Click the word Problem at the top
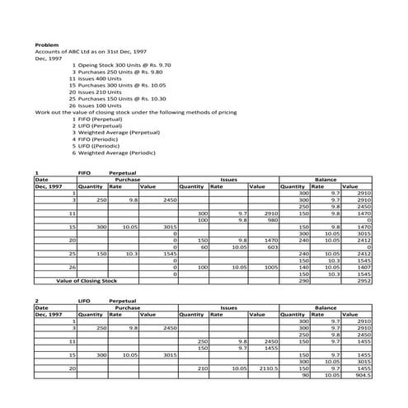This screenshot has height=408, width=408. click(47, 45)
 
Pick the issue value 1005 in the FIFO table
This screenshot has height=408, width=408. click(272, 267)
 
